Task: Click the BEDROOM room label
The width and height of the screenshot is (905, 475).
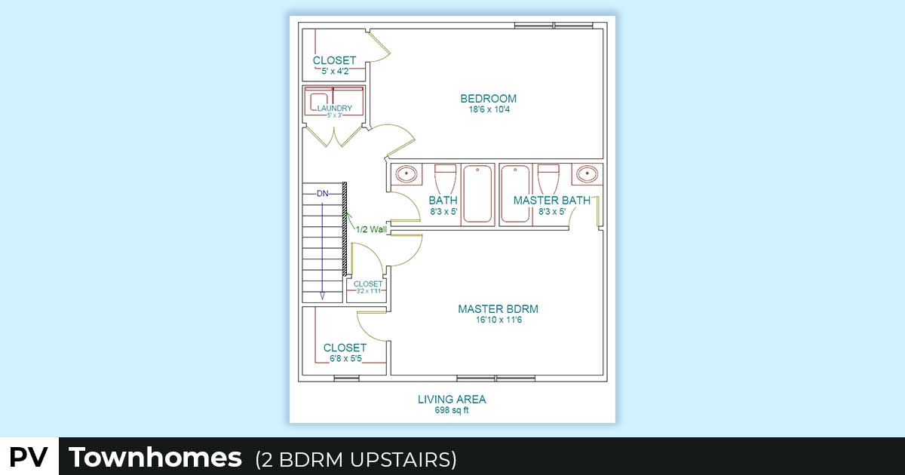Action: click(489, 99)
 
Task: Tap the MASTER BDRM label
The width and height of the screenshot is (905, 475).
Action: click(499, 309)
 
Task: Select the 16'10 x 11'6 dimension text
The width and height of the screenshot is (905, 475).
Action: click(499, 320)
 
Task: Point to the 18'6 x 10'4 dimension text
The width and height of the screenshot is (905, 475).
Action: click(489, 109)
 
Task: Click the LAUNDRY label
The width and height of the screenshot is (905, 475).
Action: click(335, 109)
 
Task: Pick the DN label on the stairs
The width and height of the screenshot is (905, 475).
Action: click(323, 194)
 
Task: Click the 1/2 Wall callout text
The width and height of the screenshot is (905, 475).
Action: click(371, 229)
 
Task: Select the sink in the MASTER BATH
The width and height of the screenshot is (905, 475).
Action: click(587, 174)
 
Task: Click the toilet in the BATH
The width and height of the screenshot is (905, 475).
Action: click(445, 179)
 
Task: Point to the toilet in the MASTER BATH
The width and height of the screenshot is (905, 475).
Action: click(548, 179)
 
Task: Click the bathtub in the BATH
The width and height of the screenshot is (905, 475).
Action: click(477, 194)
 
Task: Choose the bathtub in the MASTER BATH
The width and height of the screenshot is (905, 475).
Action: click(515, 194)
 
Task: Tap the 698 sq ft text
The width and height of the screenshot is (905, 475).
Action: click(452, 410)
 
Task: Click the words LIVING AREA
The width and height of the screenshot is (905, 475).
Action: click(452, 400)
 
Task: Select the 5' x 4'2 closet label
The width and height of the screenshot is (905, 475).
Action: click(335, 72)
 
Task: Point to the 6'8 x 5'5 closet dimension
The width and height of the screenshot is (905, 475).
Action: click(345, 359)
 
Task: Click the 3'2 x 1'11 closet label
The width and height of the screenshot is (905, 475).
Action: click(369, 291)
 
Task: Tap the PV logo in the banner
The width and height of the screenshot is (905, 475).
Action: click(29, 457)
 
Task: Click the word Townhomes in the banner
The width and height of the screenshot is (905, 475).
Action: click(155, 457)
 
